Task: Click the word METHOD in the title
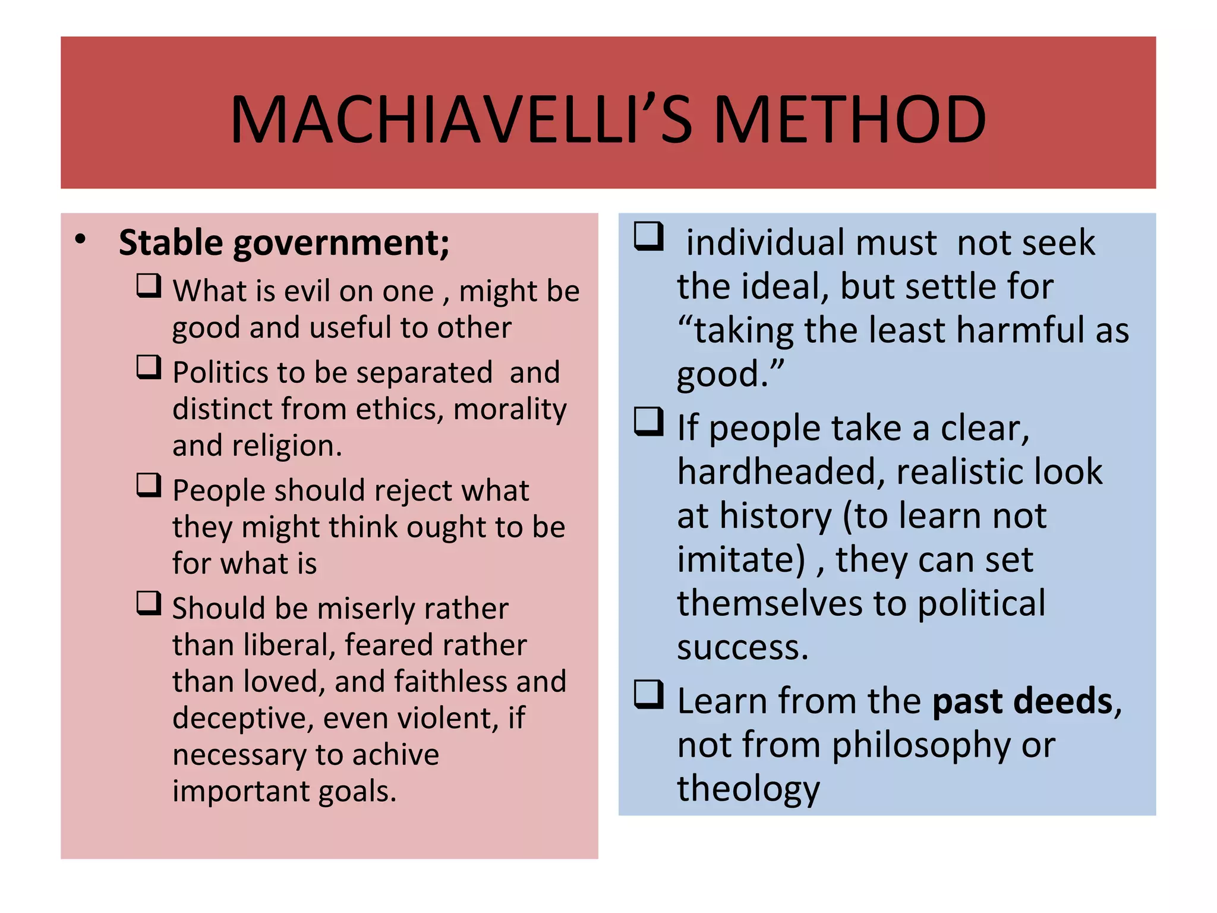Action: [x=850, y=120]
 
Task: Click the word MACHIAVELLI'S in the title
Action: [x=461, y=120]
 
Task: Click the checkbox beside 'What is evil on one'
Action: [x=149, y=286]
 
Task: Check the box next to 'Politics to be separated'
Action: [x=149, y=367]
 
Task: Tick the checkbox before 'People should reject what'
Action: [x=149, y=485]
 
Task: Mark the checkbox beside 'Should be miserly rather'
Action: [x=149, y=603]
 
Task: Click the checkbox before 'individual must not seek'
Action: [x=648, y=237]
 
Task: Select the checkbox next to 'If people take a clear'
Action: [x=648, y=422]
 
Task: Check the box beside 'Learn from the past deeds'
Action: [x=648, y=695]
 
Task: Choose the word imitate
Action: [x=740, y=560]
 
